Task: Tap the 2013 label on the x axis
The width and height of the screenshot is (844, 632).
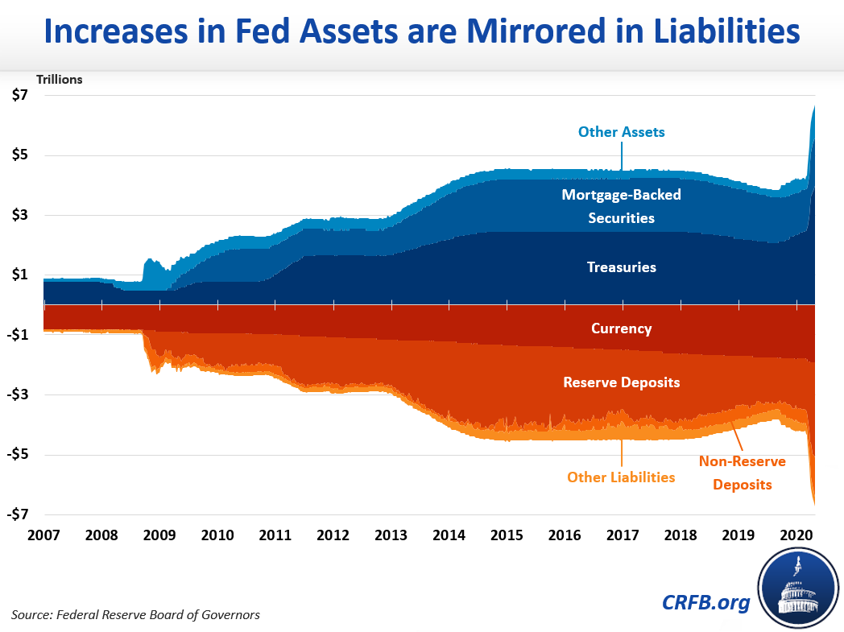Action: (x=391, y=535)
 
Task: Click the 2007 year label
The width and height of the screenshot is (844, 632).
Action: (x=43, y=535)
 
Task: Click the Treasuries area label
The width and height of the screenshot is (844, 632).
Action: (x=621, y=267)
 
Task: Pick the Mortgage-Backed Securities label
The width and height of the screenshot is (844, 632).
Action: (x=621, y=206)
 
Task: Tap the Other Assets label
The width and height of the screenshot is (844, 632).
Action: (x=621, y=132)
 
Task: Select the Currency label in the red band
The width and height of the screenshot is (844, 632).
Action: (x=621, y=328)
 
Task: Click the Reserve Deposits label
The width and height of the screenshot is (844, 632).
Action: (x=621, y=382)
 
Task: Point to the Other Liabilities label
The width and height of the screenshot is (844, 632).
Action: (x=621, y=477)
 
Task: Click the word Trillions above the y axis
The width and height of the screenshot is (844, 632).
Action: (x=59, y=79)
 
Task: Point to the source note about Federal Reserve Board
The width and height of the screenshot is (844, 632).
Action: (x=135, y=615)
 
